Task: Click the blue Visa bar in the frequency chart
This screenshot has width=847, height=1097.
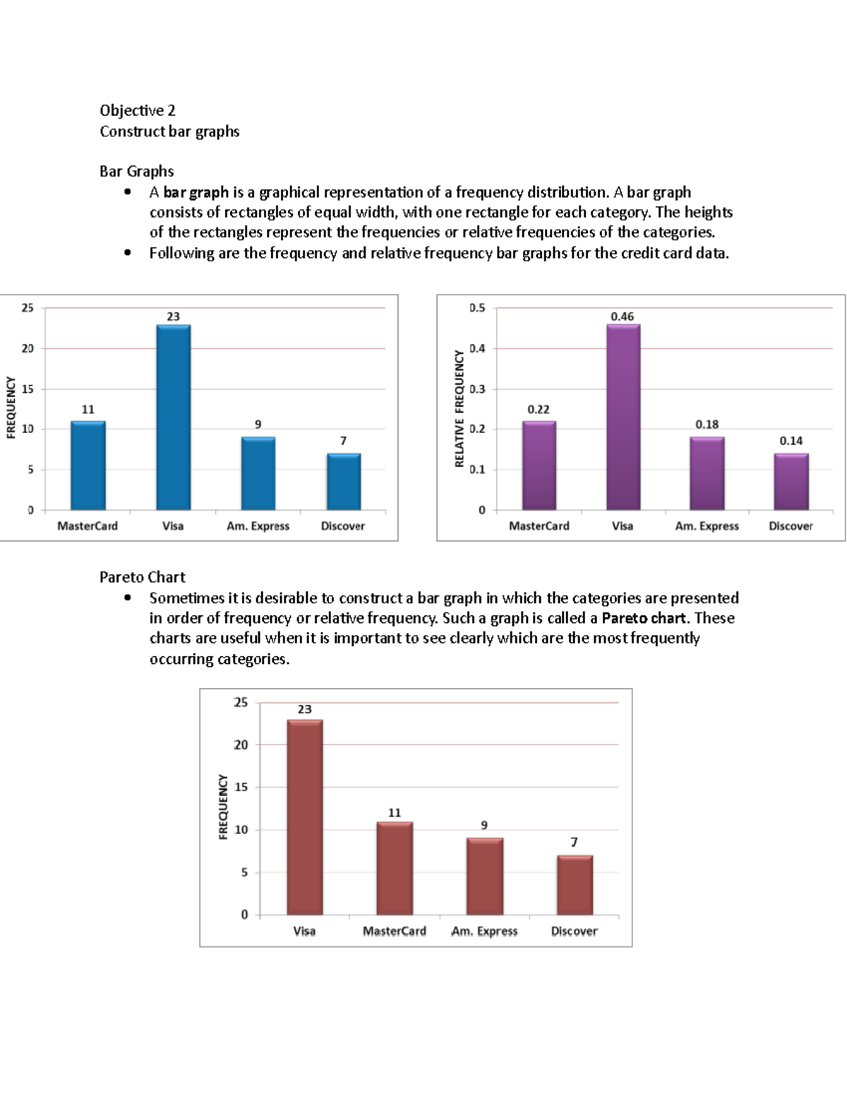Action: coord(173,417)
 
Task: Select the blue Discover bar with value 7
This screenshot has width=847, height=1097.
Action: coord(343,482)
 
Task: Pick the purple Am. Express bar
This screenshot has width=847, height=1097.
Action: coord(707,473)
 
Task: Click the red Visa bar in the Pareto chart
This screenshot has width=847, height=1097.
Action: coord(304,817)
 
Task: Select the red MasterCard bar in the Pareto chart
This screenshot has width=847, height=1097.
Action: coord(394,868)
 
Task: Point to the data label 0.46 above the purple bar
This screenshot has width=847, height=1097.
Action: coord(622,316)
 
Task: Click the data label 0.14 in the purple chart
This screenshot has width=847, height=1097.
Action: coord(791,441)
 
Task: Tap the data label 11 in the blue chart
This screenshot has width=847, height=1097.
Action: coord(88,410)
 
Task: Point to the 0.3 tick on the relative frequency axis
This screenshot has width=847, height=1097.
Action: coord(478,389)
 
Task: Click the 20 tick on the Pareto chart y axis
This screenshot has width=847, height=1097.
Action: coord(241,745)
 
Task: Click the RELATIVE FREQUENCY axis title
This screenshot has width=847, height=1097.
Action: coord(459,408)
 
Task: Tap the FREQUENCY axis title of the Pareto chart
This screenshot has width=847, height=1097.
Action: coord(223,807)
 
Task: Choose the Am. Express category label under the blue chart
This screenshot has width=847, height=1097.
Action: coord(258,526)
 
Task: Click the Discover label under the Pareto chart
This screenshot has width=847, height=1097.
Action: coord(574,931)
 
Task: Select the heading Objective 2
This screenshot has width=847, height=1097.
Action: coord(138,110)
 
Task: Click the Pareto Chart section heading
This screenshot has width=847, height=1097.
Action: coord(142,577)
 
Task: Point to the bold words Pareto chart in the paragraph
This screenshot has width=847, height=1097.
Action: coord(644,618)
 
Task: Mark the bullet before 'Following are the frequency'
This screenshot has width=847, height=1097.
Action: coord(127,253)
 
